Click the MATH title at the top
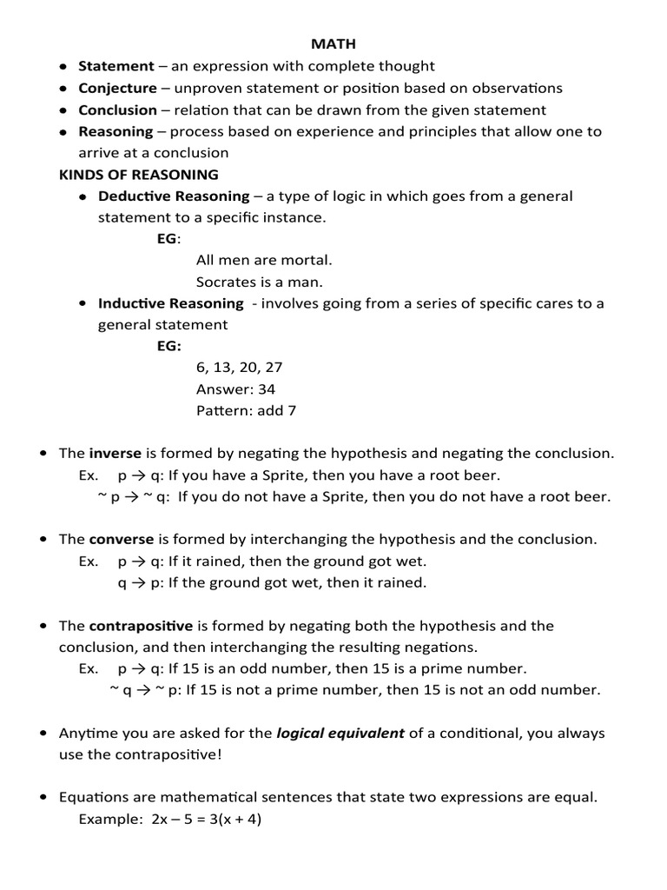(333, 43)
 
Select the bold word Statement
(116, 66)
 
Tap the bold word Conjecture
(118, 88)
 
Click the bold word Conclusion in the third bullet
(118, 110)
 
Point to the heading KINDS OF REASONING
(138, 175)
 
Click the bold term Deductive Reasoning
(174, 196)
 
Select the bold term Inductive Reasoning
(171, 303)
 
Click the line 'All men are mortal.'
(264, 260)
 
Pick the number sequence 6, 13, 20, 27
(240, 368)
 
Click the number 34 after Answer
(267, 389)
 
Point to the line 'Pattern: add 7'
(246, 410)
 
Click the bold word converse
(122, 540)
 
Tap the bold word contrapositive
(141, 626)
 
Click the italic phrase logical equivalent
(340, 733)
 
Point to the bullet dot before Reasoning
(64, 133)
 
